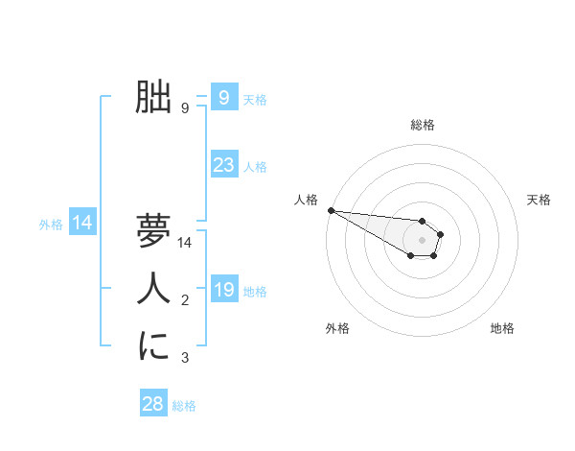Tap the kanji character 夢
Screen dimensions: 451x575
153,230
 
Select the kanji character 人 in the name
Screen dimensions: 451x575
153,288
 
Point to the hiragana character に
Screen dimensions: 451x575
153,345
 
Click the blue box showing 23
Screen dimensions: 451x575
223,165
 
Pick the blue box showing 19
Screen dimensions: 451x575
223,290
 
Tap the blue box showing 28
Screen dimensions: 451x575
152,404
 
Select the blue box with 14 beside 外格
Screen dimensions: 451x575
82,224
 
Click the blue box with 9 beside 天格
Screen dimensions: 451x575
223,97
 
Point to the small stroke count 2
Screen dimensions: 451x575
185,301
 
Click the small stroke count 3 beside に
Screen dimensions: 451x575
185,359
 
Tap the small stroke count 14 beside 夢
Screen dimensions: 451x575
185,244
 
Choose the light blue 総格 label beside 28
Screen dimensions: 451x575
184,406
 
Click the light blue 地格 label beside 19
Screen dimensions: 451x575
255,292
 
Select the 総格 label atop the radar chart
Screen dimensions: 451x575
423,125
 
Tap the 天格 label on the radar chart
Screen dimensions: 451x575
539,200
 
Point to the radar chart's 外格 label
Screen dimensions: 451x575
337,328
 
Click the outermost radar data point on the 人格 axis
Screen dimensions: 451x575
331,210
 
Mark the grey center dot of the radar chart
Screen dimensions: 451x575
423,240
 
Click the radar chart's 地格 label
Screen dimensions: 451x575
502,328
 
